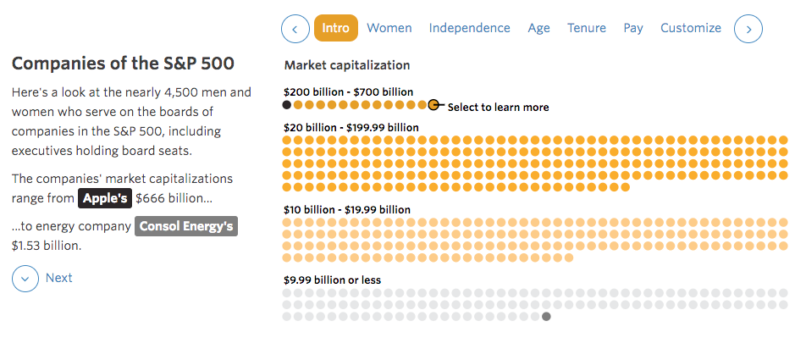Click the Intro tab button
(x=335, y=28)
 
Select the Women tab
(x=389, y=28)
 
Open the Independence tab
(x=469, y=28)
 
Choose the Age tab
(x=538, y=28)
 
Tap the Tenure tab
(x=587, y=28)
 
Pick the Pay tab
(x=633, y=28)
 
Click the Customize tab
(x=691, y=28)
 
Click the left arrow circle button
(x=295, y=29)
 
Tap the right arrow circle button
(x=748, y=29)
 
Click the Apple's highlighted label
(x=105, y=198)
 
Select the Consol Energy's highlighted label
(x=186, y=226)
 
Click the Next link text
(x=59, y=278)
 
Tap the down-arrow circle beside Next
(x=25, y=278)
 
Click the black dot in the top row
(x=287, y=105)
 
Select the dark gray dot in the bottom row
(x=546, y=316)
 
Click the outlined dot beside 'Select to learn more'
(x=433, y=105)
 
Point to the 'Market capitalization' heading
(x=347, y=65)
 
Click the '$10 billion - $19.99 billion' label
(x=347, y=209)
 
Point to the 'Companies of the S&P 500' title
(x=123, y=64)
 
